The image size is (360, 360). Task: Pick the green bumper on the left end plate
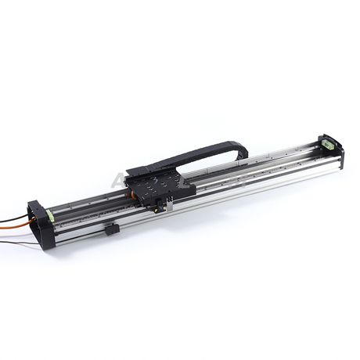(x=49, y=214)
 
